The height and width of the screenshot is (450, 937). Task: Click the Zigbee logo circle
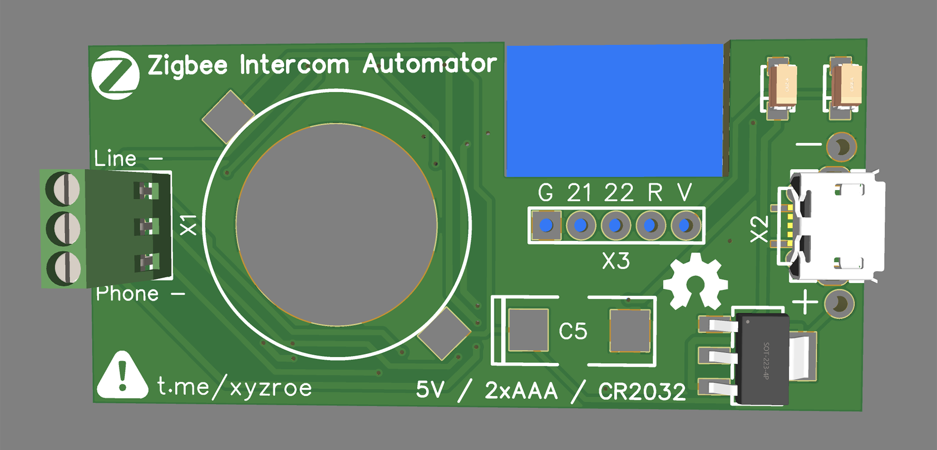coord(115,75)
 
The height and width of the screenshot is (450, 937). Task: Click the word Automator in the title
coord(429,64)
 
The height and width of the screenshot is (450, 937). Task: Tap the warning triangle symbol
coord(122,376)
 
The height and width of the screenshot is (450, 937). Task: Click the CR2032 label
coord(642,392)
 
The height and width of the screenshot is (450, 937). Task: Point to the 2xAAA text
coord(521,391)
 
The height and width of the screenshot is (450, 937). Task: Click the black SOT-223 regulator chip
coord(762,359)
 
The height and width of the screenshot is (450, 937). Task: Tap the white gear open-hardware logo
coord(695,281)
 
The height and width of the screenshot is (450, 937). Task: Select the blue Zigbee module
coord(615,110)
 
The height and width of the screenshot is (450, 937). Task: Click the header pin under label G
coord(546,225)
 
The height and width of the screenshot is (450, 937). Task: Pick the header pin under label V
coord(685,225)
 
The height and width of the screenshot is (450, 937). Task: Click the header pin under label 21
coord(581,225)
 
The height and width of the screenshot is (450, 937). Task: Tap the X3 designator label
coord(616,261)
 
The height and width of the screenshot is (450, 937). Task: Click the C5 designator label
coord(573,331)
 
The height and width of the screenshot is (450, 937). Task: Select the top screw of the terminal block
coord(63,189)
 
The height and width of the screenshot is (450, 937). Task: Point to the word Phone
coord(127,294)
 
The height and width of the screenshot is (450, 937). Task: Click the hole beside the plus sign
coord(840,304)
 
